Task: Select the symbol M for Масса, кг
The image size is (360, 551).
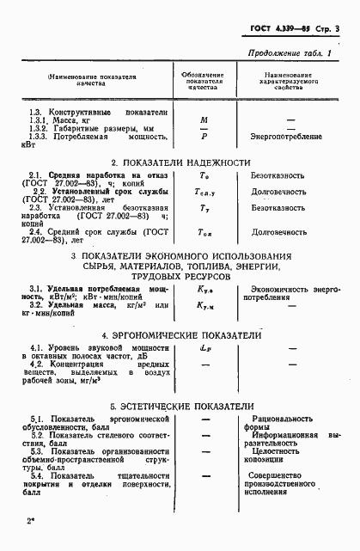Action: click(x=204, y=120)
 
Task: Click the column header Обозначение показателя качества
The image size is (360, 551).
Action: click(x=205, y=80)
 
